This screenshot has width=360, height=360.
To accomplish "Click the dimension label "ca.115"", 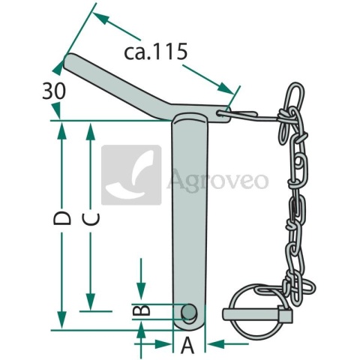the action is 156,52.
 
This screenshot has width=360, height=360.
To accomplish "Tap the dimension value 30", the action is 54,91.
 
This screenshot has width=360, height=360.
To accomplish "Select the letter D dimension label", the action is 62,218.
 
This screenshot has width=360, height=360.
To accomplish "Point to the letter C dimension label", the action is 91,219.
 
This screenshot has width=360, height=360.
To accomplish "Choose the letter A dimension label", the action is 187,345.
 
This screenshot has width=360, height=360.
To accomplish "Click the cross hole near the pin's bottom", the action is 189,312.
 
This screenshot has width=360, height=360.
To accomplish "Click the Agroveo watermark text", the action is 218,180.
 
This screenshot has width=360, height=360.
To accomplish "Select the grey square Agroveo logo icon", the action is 131,175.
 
